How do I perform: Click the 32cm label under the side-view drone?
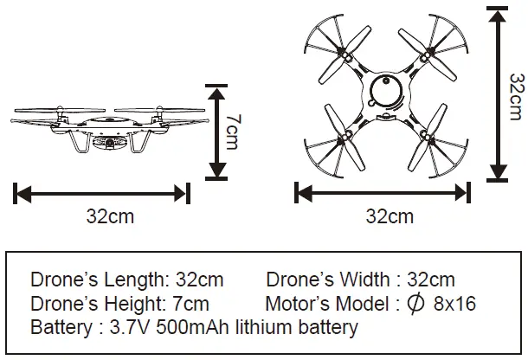click(110, 216)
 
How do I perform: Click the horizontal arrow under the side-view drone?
click(102, 192)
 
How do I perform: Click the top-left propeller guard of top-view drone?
click(339, 43)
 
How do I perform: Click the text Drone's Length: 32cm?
click(126, 280)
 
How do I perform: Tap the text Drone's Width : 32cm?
click(360, 280)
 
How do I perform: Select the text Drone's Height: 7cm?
click(119, 304)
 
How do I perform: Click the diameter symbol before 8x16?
click(415, 304)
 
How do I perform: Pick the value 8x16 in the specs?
click(454, 304)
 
